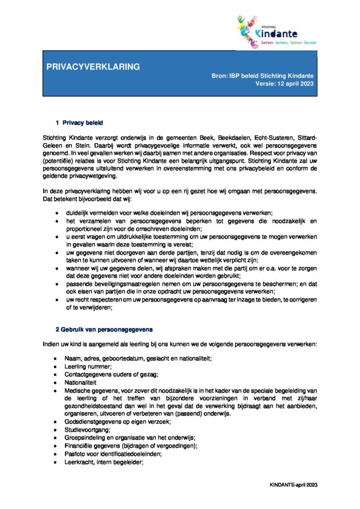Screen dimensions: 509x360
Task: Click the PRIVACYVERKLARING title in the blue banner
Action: [x=93, y=67]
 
